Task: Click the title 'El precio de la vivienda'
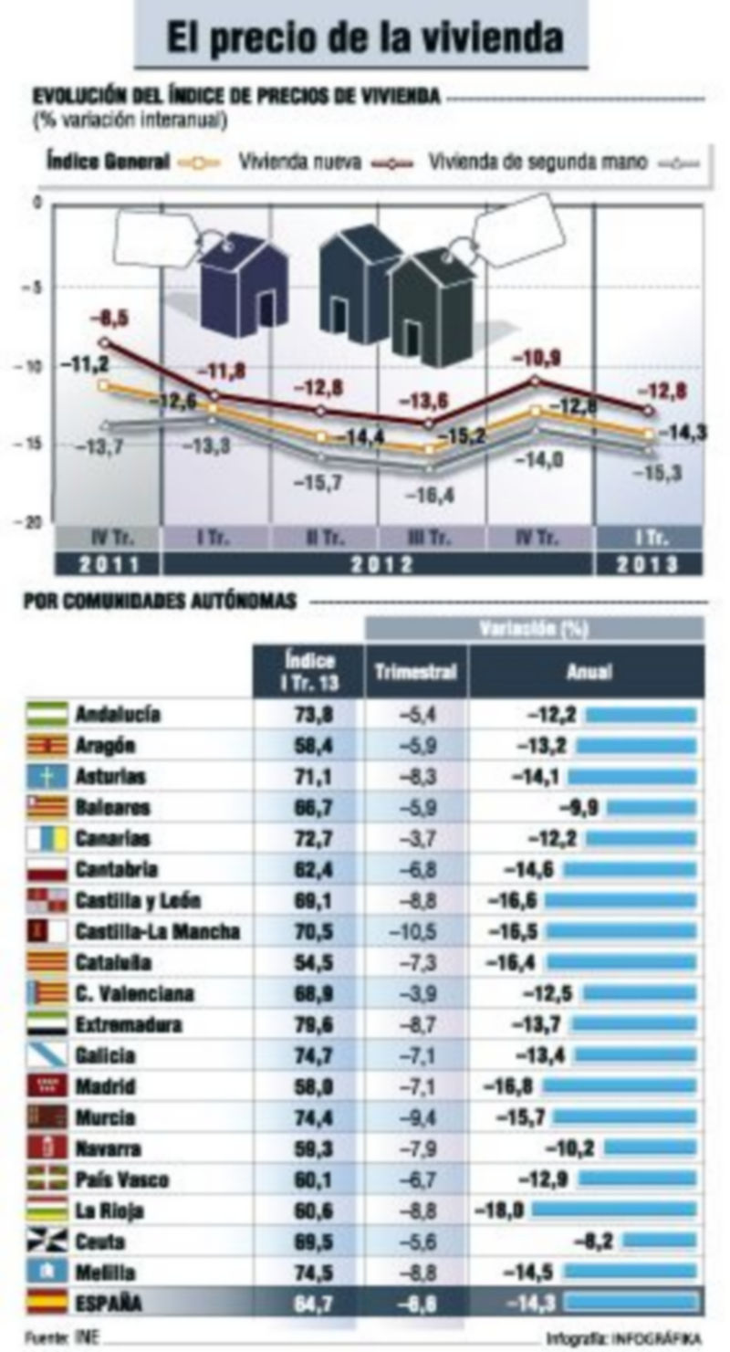coord(364,38)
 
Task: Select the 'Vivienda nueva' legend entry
coord(300,163)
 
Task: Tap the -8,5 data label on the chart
coord(109,318)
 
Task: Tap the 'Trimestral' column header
coord(415,672)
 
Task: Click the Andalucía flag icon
coord(47,714)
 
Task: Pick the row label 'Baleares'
coord(113,808)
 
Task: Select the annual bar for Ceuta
coord(663,1242)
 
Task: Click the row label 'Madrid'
coord(106,1087)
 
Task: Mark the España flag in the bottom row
coord(47,1304)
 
